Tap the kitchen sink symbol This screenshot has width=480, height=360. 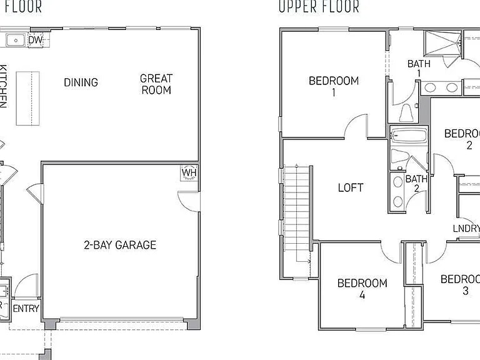click(x=15, y=41)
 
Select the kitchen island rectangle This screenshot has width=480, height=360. click(x=27, y=98)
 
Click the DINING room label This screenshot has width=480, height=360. click(x=81, y=82)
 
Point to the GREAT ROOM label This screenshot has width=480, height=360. click(x=156, y=84)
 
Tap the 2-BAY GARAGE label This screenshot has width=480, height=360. click(x=120, y=245)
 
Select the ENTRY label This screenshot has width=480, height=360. click(x=26, y=308)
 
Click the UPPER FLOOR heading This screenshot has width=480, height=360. click(x=319, y=7)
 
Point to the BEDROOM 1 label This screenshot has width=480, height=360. click(x=334, y=86)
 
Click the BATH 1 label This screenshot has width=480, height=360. click(x=418, y=68)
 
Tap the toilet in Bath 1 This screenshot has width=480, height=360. click(x=404, y=113)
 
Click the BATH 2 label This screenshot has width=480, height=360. click(x=416, y=184)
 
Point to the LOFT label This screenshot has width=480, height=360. click(x=351, y=187)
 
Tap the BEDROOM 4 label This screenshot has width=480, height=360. click(x=362, y=289)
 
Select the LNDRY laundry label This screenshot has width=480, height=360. click(x=466, y=229)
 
